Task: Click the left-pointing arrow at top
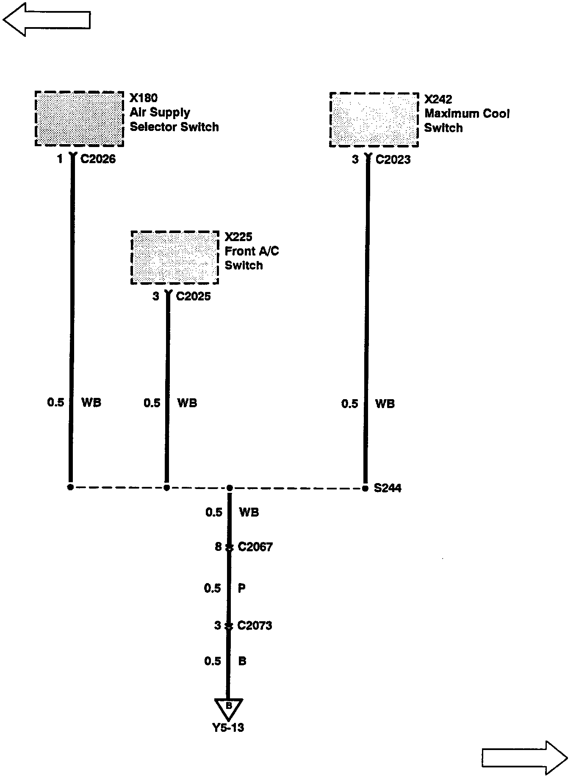pos(47,19)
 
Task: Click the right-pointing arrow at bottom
pos(525,757)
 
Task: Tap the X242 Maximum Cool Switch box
pos(374,120)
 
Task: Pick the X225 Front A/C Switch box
pos(174,258)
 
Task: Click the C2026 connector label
pos(98,159)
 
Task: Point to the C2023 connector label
pos(393,159)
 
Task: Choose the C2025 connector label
pos(193,296)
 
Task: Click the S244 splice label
pos(388,488)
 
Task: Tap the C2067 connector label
pos(255,547)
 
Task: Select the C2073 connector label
pos(255,625)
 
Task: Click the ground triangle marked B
pos(228,709)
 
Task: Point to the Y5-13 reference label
pos(228,728)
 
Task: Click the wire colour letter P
pos(242,588)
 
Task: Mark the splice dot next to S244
pos(365,488)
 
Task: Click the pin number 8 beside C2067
pos(218,547)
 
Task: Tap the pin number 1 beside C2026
pos(60,159)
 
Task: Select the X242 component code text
pos(438,99)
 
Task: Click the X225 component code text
pos(238,236)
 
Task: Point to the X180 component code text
pos(144,98)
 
